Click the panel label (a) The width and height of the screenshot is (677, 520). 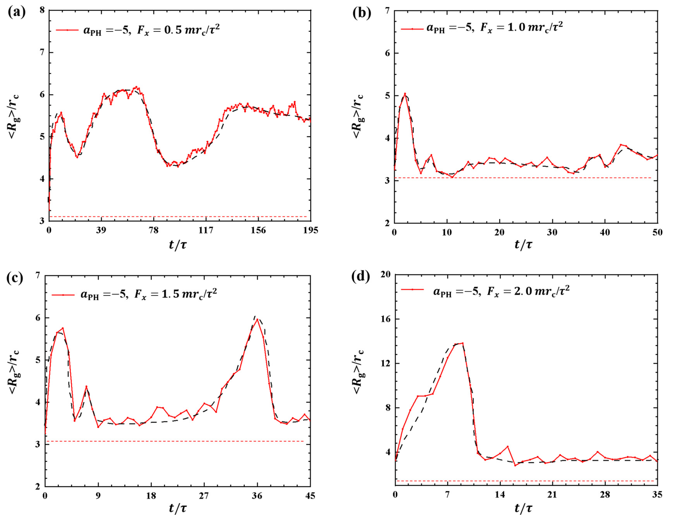[x=16, y=12]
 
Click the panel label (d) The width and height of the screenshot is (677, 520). [x=360, y=276]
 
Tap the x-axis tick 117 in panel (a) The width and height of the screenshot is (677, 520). [x=206, y=231]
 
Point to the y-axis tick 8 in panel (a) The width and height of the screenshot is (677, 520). [x=42, y=10]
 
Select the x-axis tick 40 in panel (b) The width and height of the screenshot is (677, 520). [x=605, y=233]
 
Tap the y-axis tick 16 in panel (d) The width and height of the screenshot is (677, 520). [x=385, y=319]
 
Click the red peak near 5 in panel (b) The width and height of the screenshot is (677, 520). [x=405, y=94]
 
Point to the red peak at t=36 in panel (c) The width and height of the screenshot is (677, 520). [x=257, y=319]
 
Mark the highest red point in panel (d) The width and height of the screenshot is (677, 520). [x=462, y=343]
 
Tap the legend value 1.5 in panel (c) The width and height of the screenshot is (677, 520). [x=170, y=294]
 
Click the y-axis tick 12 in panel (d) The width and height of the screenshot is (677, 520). [x=385, y=363]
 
